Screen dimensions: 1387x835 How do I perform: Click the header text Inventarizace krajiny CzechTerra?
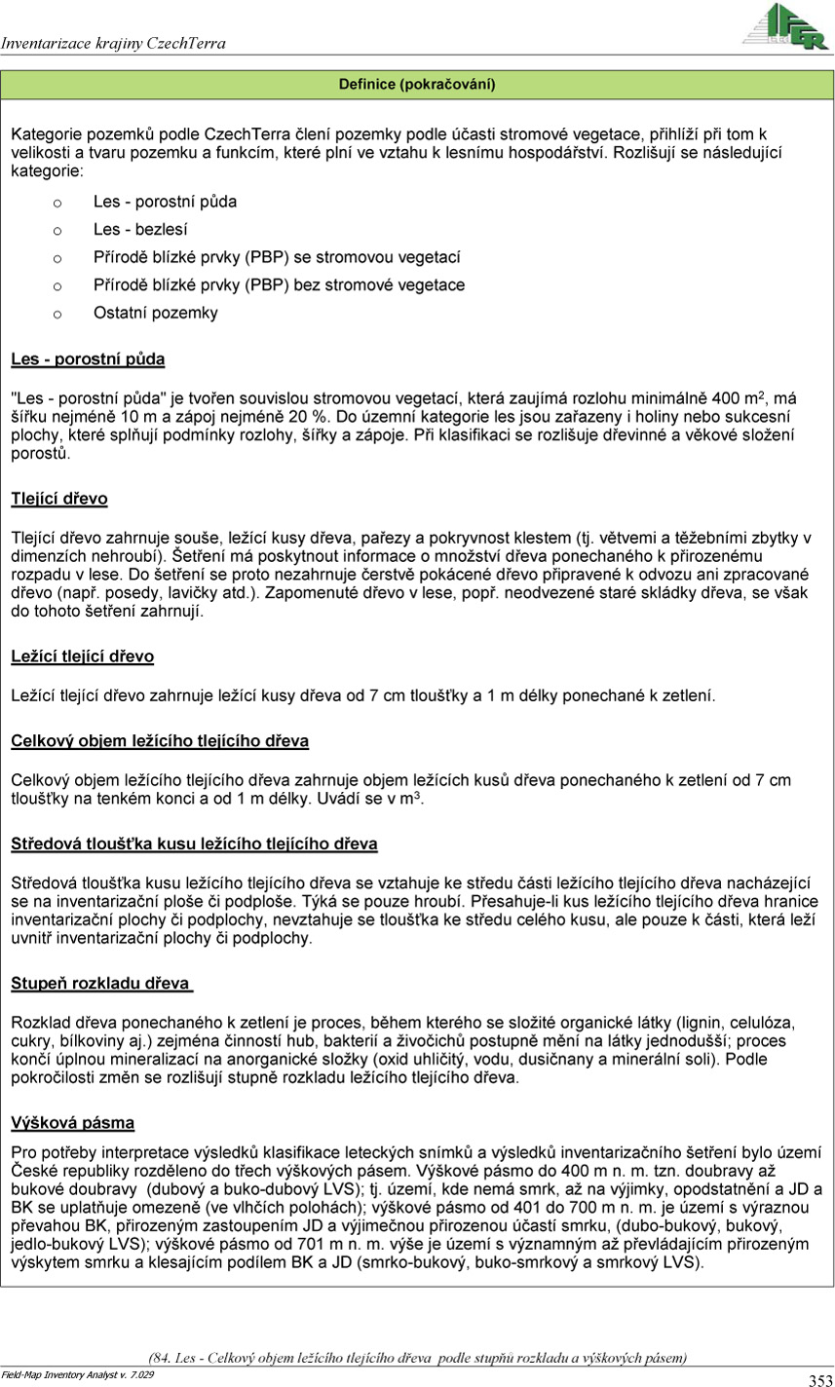pos(113,44)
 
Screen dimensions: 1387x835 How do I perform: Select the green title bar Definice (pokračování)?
pos(417,85)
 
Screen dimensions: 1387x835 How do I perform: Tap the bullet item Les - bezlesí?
pos(140,230)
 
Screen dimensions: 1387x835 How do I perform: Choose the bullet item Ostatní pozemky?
pos(156,313)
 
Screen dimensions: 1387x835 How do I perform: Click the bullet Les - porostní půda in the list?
pos(165,202)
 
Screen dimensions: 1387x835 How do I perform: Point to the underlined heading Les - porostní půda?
pos(88,359)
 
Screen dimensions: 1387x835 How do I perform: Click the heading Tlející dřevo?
pos(59,499)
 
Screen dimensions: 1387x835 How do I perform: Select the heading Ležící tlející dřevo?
pos(82,656)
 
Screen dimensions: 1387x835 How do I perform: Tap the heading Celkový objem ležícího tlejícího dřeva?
pos(160,741)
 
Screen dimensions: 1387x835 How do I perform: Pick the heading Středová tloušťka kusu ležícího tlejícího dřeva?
pos(194,843)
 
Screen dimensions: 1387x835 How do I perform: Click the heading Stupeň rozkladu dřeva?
pos(100,984)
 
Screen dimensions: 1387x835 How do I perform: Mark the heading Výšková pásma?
pos(72,1123)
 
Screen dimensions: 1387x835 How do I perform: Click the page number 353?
pos(819,1379)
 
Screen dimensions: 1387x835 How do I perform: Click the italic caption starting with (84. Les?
pos(417,1357)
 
